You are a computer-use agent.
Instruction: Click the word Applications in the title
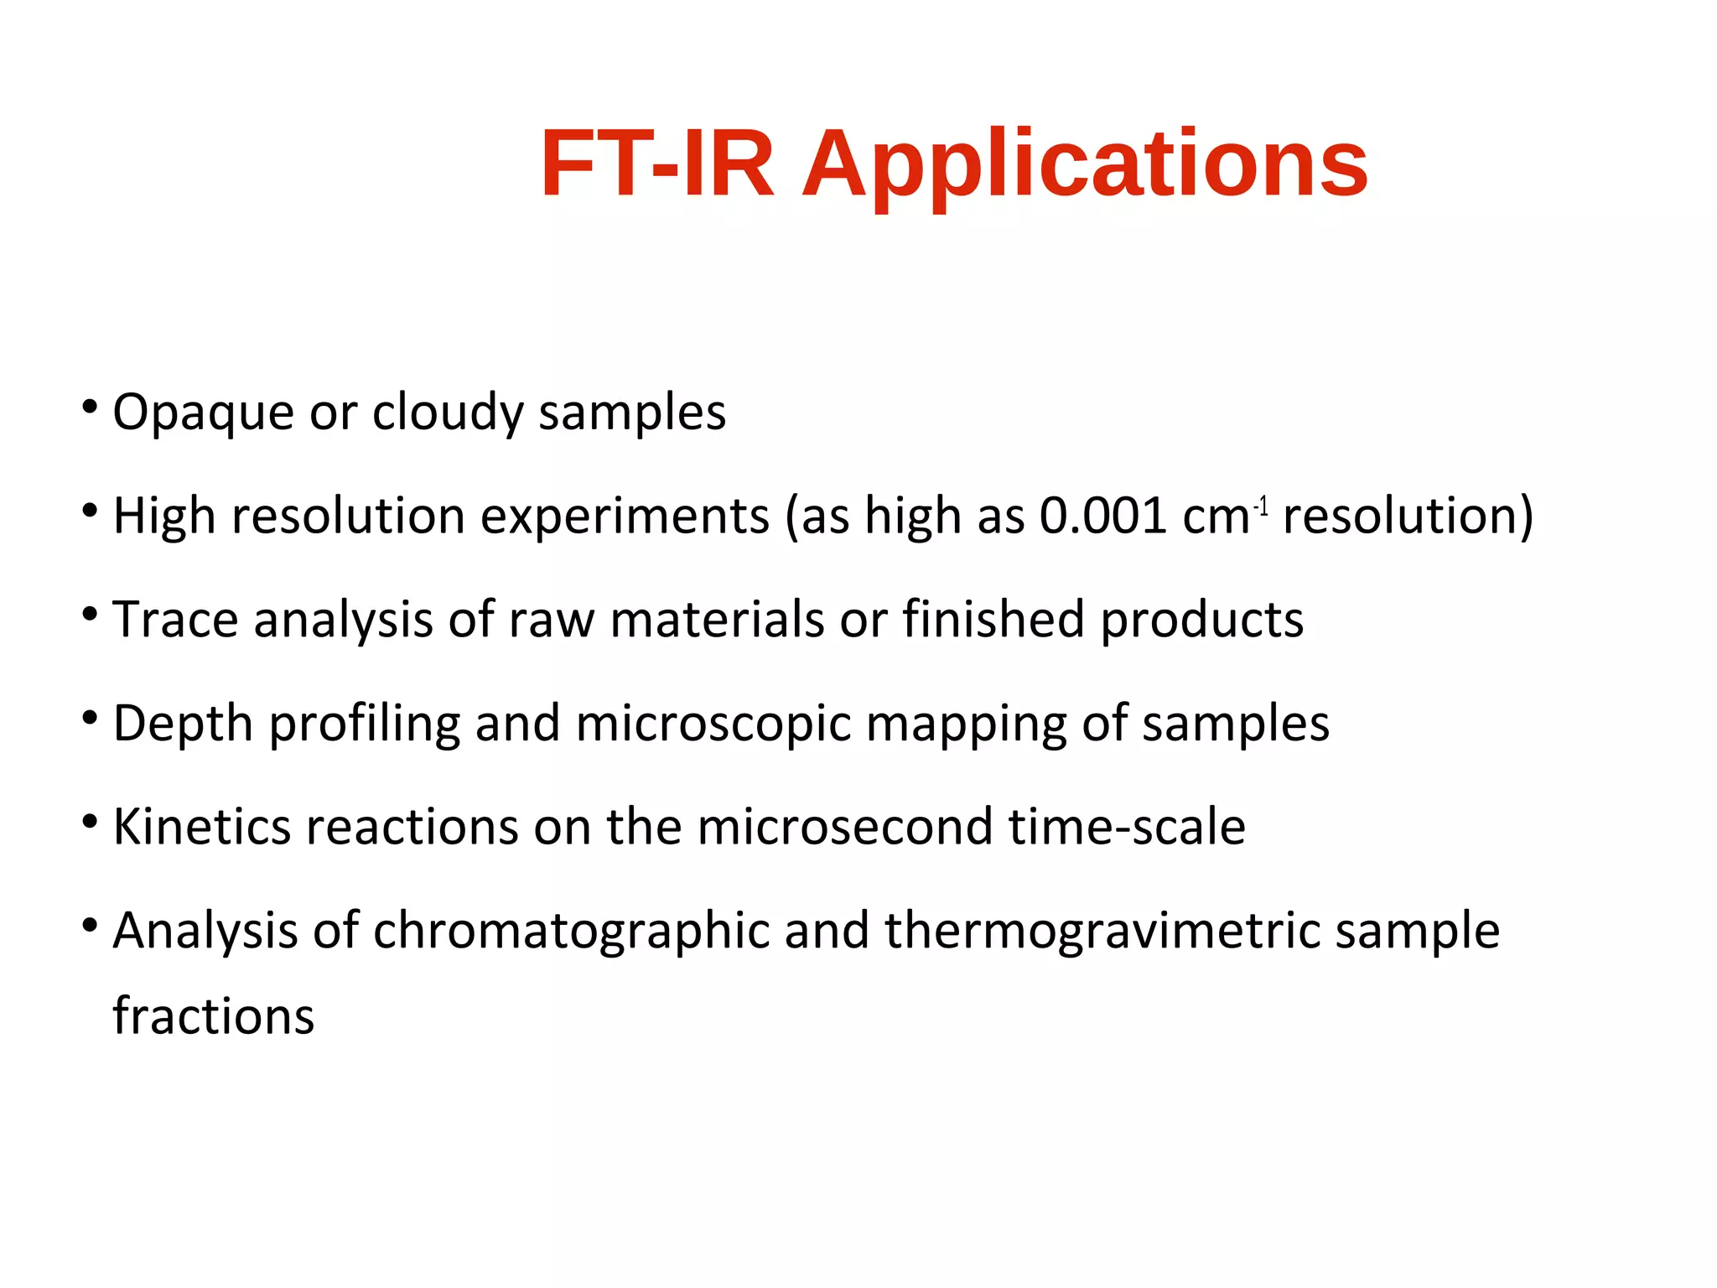[x=1085, y=165]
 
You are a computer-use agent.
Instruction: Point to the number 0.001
[x=1102, y=516]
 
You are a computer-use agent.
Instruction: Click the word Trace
[x=175, y=620]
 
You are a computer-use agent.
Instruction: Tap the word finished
[x=993, y=620]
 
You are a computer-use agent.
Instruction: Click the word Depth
[x=183, y=724]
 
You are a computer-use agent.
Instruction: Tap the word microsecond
[x=844, y=827]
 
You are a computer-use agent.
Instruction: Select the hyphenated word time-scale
[x=1126, y=827]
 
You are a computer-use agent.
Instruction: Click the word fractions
[x=213, y=1017]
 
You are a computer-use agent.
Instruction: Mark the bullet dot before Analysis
[x=90, y=925]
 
